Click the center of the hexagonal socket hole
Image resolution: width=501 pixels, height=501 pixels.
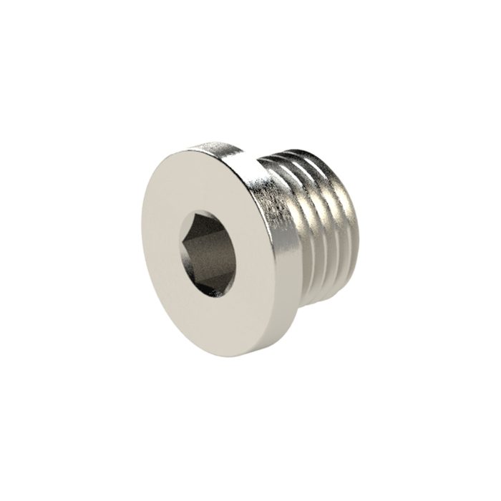[208, 254]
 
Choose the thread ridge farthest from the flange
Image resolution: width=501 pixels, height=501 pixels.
[351, 222]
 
